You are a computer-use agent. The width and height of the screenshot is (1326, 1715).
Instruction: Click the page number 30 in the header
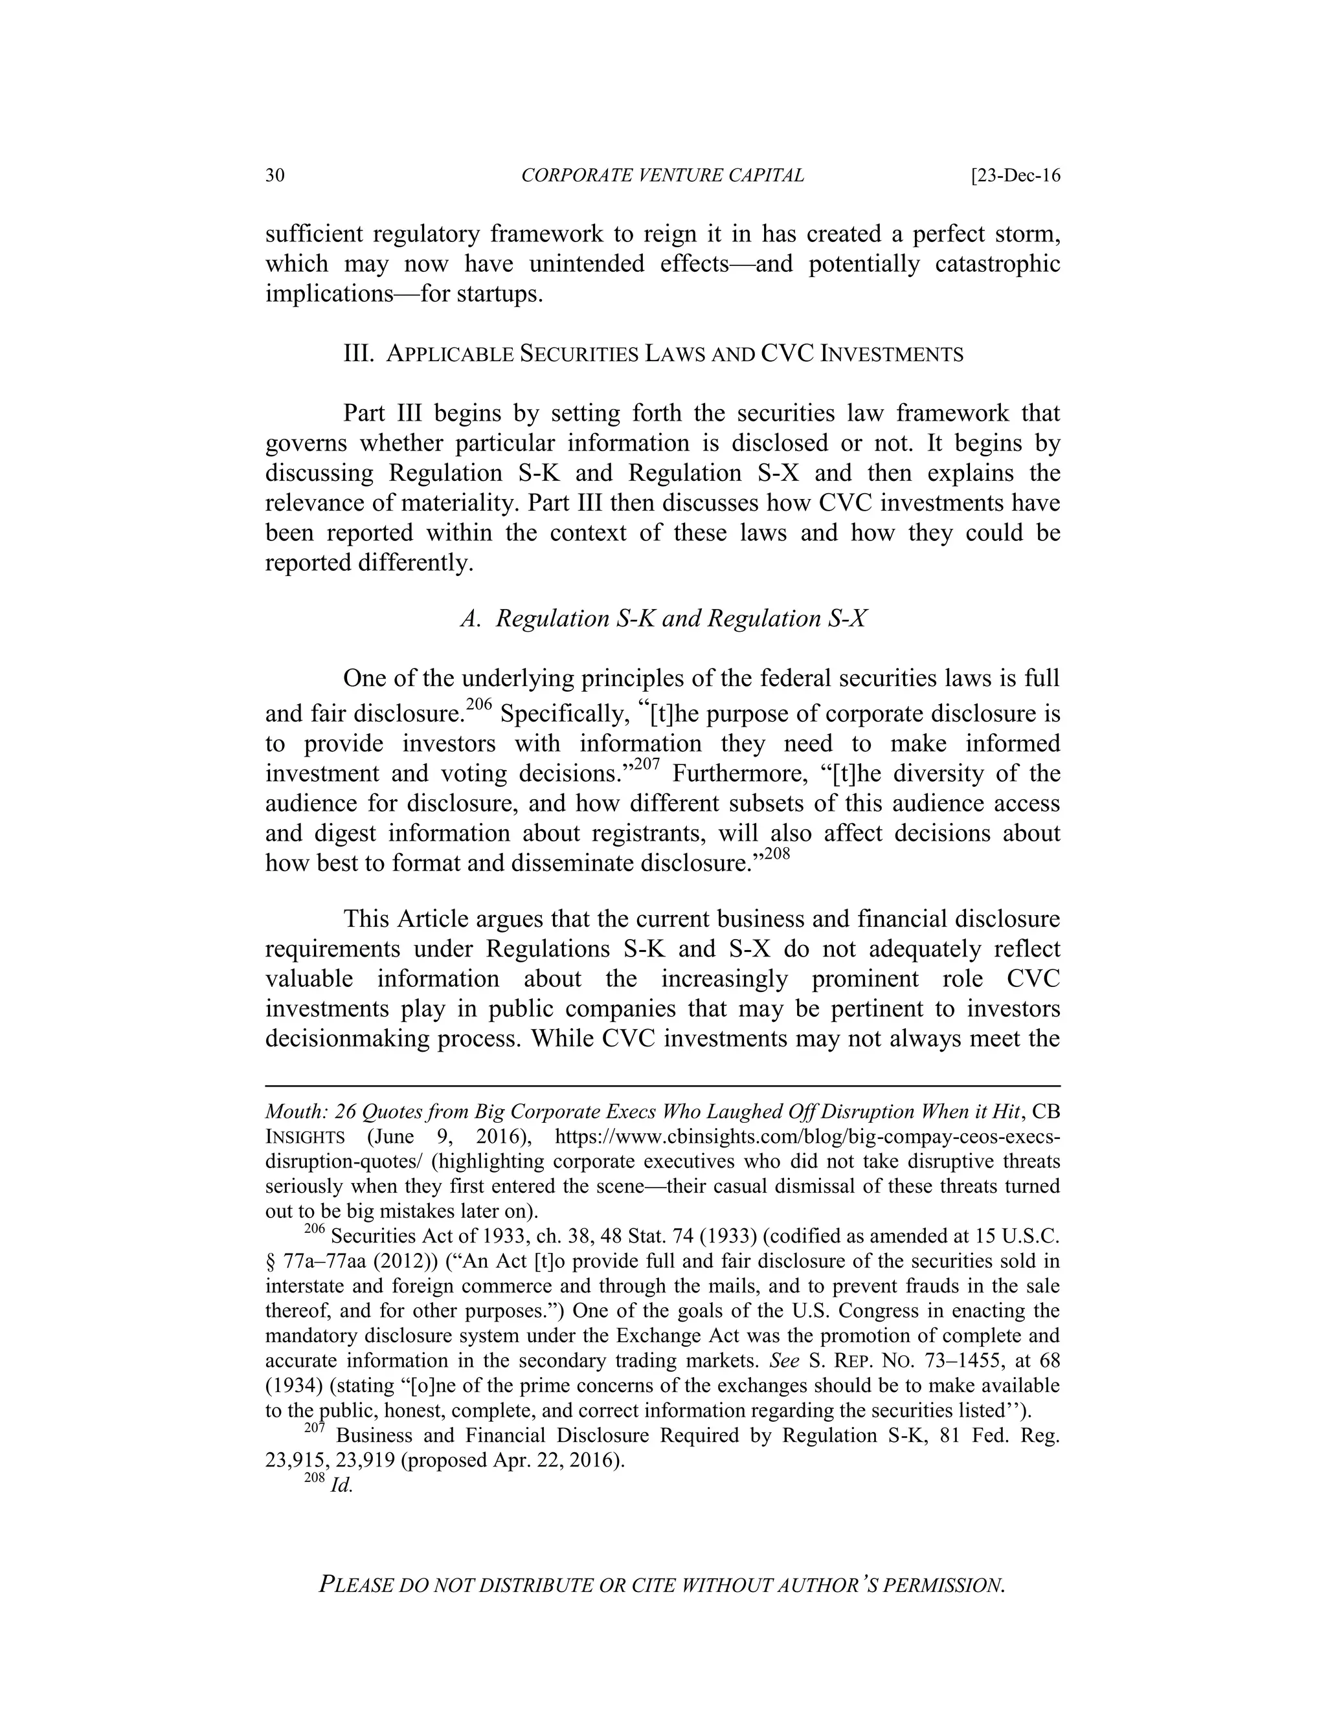(275, 175)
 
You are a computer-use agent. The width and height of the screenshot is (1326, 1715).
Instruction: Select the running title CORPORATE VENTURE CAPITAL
(662, 175)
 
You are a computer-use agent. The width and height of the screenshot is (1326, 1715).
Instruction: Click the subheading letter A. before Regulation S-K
(471, 619)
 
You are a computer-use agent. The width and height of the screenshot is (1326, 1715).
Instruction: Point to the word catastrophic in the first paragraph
(997, 264)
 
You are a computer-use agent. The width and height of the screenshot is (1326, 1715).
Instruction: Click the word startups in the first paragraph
(497, 294)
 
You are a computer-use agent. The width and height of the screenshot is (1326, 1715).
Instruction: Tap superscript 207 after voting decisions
(647, 763)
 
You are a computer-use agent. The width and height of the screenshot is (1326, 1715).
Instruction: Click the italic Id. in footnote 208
(342, 1487)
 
